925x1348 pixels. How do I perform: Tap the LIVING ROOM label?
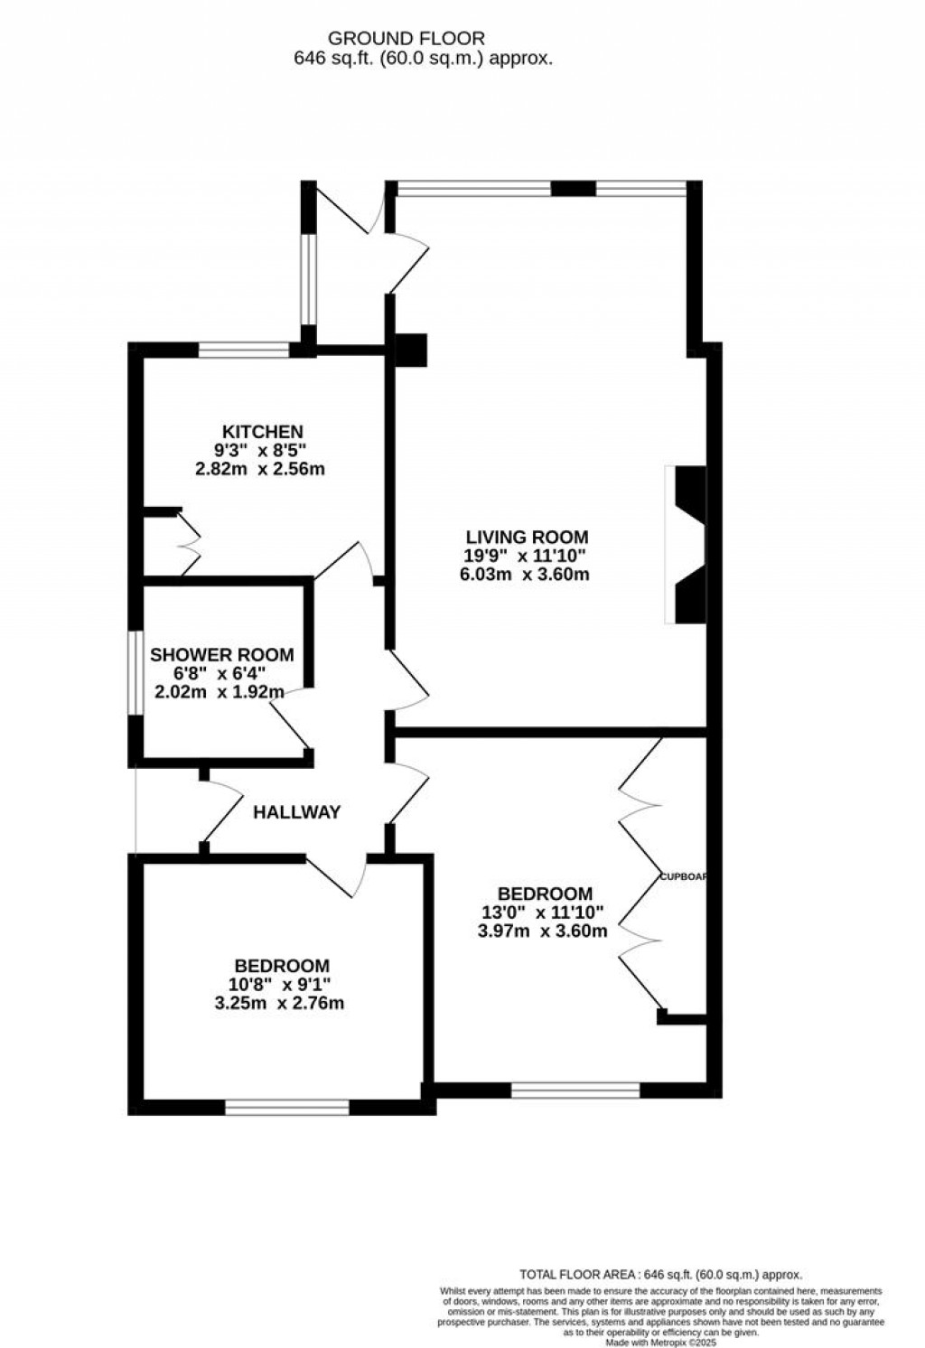coord(527,537)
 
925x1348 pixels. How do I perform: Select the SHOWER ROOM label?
coord(222,655)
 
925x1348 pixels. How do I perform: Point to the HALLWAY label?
coord(296,812)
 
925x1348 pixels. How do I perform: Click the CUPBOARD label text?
coord(683,876)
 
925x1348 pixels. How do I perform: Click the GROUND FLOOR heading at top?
coord(406,39)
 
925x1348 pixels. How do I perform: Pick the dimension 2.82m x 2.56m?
coord(259,470)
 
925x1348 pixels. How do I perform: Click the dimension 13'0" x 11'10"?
coord(541,913)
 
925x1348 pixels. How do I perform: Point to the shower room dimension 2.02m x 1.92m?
coord(220,693)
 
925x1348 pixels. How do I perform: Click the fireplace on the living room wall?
coord(687,545)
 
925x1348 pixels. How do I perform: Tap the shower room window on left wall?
coord(134,672)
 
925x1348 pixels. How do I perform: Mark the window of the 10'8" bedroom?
coord(286,1107)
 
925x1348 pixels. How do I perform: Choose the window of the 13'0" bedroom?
coord(575,1091)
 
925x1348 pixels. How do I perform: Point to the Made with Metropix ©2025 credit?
coord(656,1343)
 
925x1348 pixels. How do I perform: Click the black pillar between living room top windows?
coord(573,189)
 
